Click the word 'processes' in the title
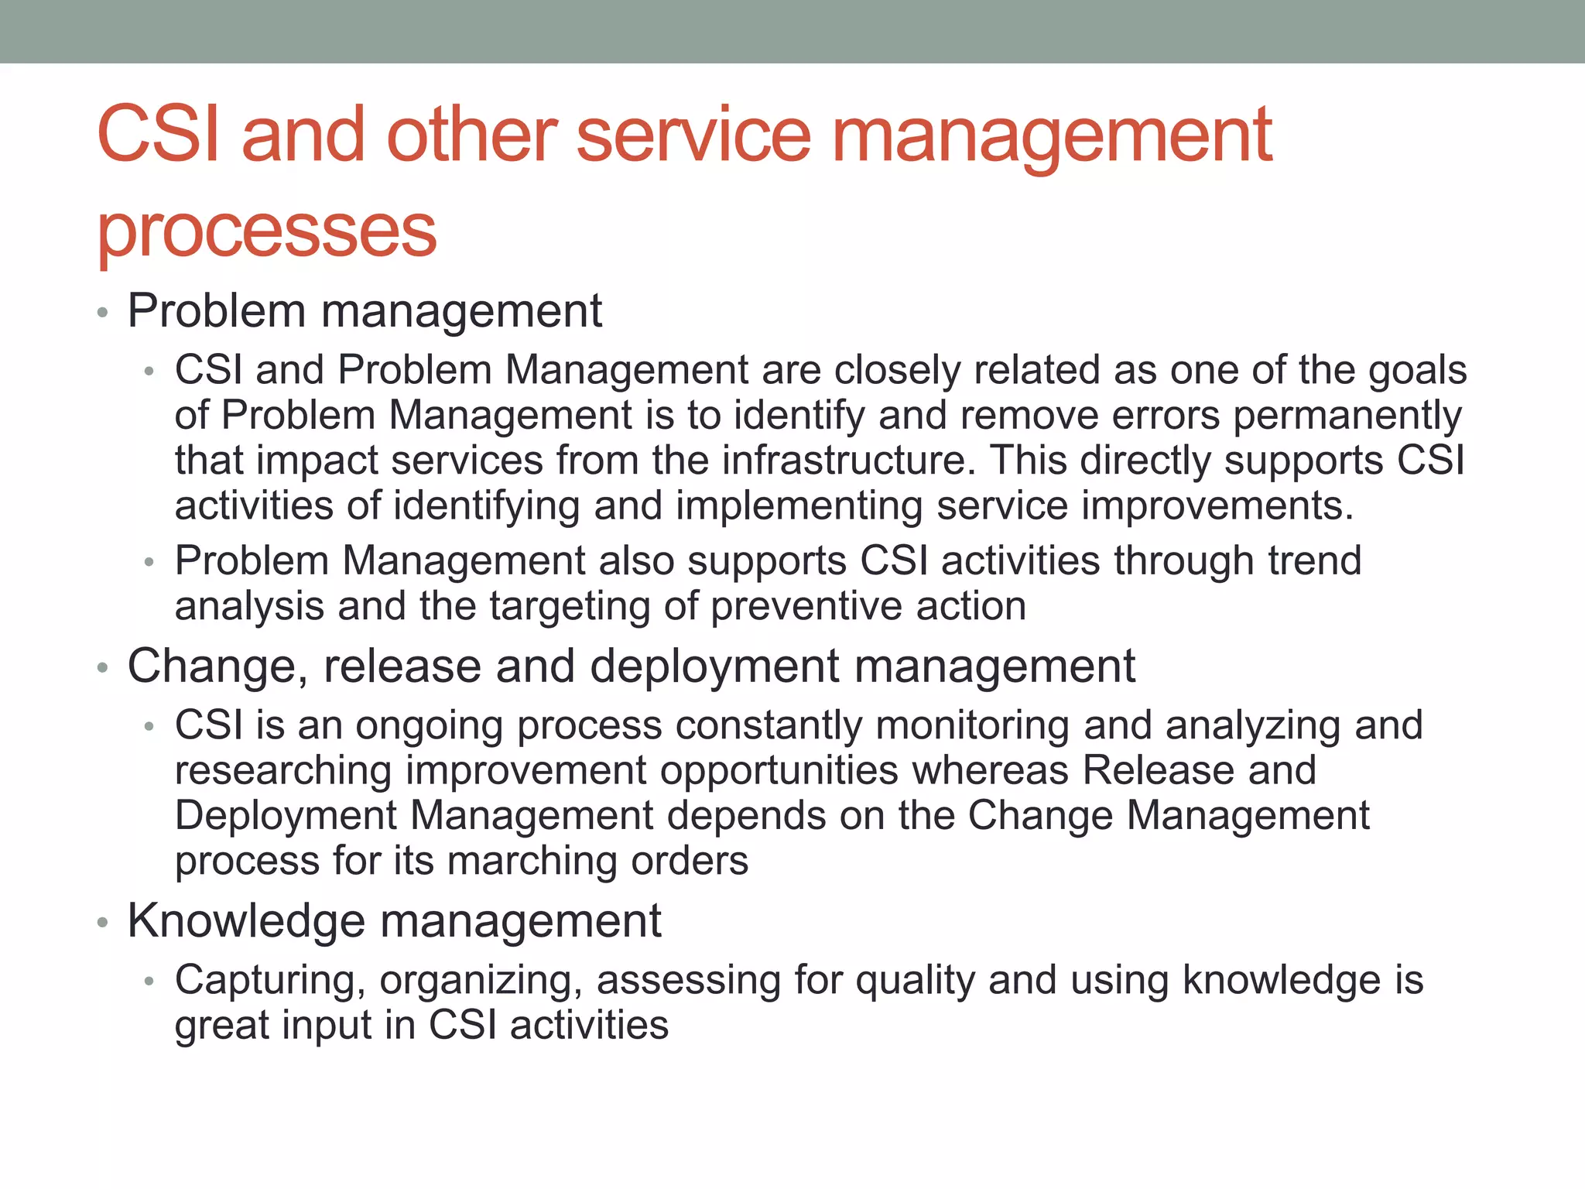267,232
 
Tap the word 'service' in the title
693,136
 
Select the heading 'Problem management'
364,311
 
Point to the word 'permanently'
1347,416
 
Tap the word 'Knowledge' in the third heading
246,921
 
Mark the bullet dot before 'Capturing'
149,982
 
